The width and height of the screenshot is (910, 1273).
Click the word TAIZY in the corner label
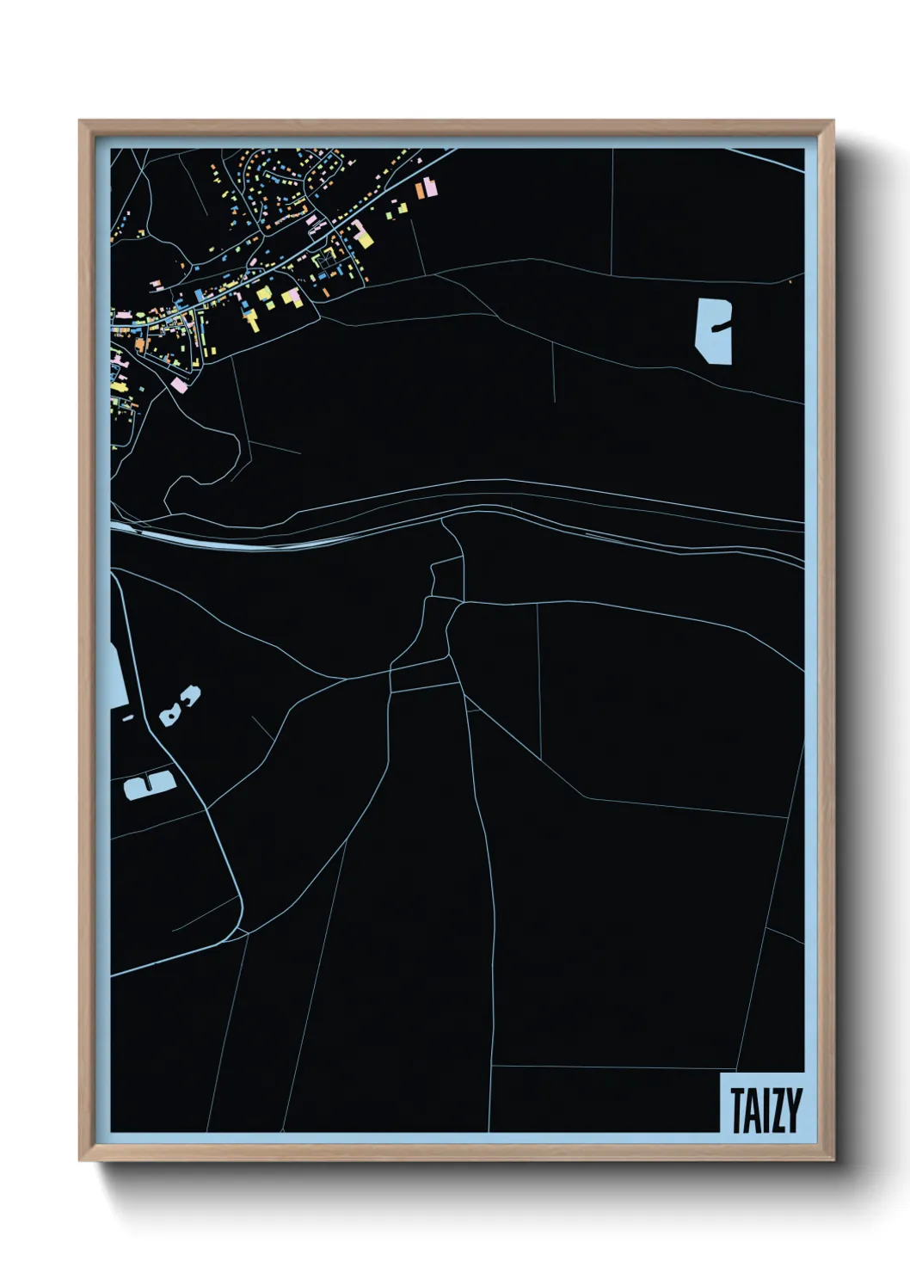tap(766, 1110)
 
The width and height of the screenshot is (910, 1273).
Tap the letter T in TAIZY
tap(738, 1110)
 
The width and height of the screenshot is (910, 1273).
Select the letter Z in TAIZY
tap(777, 1110)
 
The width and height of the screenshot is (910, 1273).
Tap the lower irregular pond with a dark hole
tap(170, 714)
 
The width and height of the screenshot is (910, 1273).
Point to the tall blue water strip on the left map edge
tap(117, 671)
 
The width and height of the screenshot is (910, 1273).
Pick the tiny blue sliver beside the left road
tap(128, 717)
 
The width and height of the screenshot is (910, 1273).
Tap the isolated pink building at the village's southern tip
tap(179, 384)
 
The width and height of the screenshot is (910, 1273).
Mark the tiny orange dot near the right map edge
tap(790, 281)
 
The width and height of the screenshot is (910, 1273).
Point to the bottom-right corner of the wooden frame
tap(832, 1159)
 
